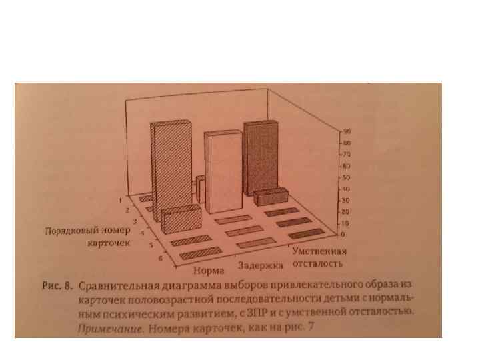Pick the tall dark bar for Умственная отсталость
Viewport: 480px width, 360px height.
(x=261, y=157)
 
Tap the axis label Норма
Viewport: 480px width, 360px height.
(x=209, y=271)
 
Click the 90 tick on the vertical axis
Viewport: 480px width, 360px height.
(x=348, y=131)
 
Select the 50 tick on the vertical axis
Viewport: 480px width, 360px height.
(x=348, y=177)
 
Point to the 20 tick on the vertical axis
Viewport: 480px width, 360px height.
(x=347, y=212)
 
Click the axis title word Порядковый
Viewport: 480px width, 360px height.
(x=68, y=231)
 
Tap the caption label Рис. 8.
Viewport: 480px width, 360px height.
(x=57, y=287)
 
